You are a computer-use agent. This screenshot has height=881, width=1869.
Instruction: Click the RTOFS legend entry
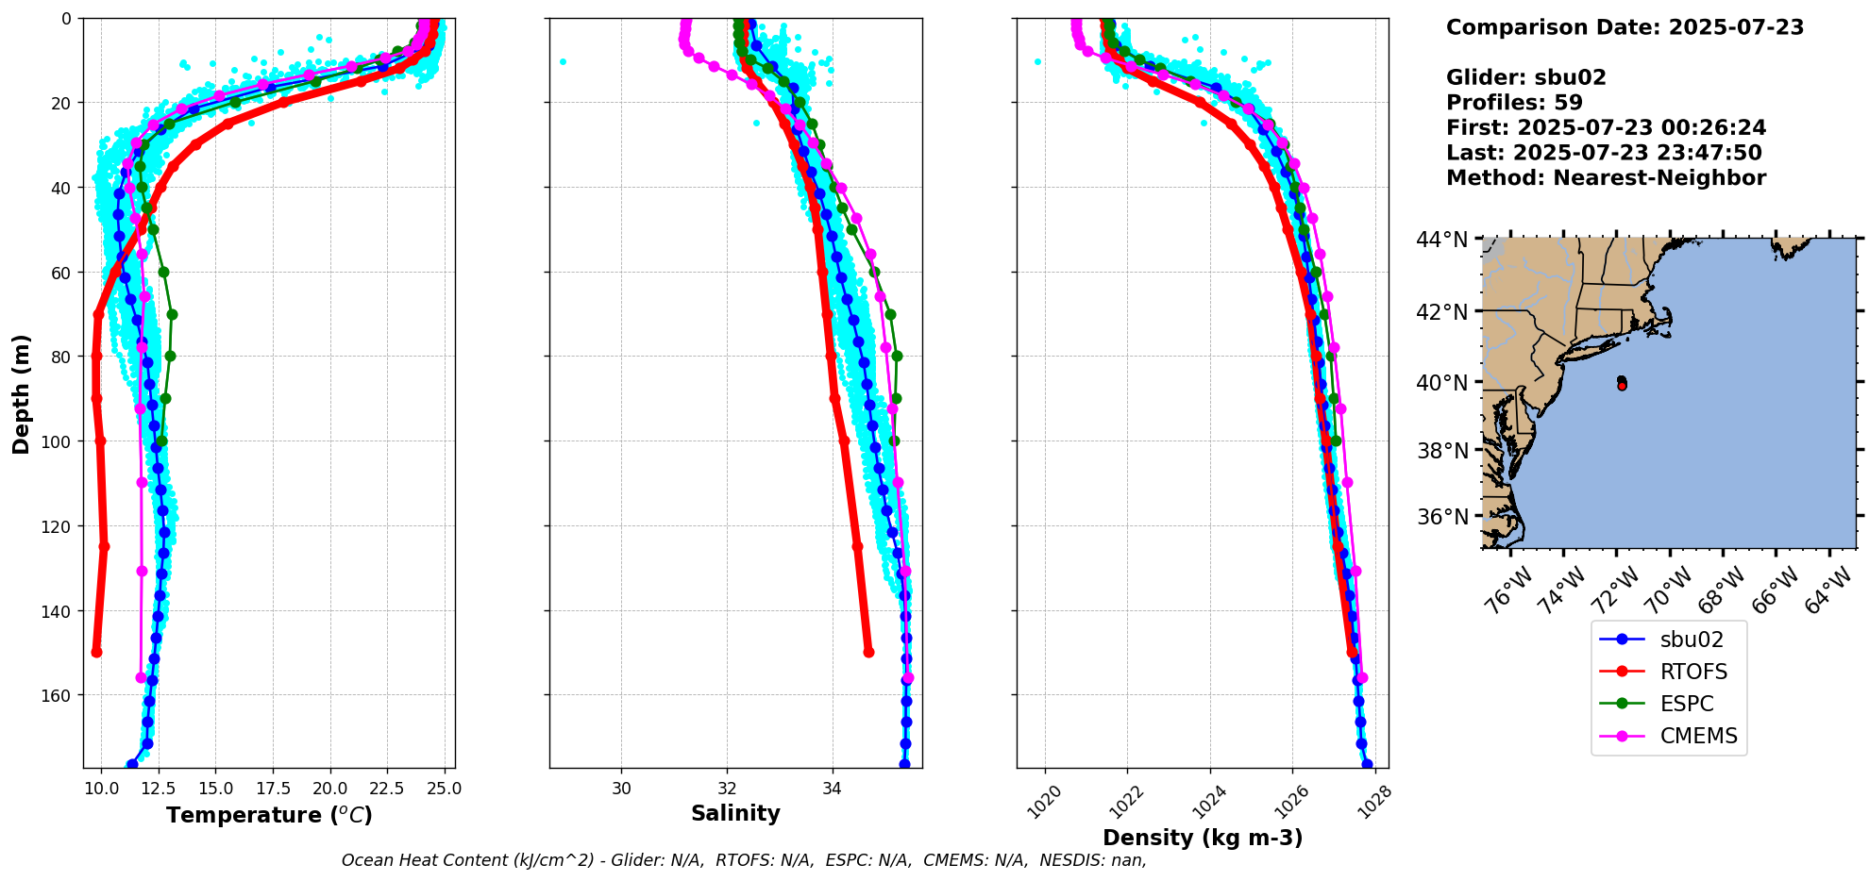[x=1693, y=672]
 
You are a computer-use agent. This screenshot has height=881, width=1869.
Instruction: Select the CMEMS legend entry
[x=1698, y=736]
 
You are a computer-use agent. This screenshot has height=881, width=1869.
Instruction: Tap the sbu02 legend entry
[x=1692, y=640]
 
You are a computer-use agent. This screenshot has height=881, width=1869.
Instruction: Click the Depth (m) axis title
[x=21, y=393]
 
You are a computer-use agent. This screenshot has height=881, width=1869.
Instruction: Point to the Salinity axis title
[x=735, y=813]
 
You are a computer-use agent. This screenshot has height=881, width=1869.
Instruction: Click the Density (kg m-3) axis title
[x=1203, y=838]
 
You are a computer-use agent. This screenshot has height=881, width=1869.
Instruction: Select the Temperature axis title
[x=269, y=815]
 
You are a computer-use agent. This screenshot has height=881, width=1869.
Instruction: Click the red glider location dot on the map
[x=1622, y=386]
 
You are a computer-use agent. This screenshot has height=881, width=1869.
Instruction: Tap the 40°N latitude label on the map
[x=1441, y=383]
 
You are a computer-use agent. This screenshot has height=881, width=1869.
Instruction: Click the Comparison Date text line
[x=1625, y=27]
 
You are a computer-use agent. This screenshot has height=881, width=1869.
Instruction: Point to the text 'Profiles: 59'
[x=1514, y=103]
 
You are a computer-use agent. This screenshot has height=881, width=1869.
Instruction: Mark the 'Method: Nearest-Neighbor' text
[x=1606, y=178]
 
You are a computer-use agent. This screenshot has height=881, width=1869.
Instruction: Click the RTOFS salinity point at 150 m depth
[x=868, y=652]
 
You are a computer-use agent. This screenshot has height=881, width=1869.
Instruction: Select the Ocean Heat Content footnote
[x=744, y=860]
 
